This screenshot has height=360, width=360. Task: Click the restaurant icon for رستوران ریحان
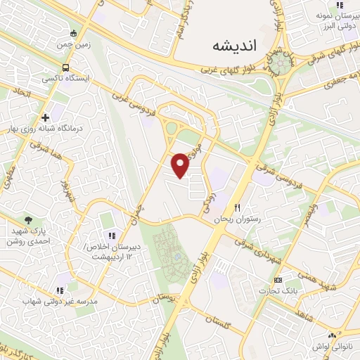[238, 208]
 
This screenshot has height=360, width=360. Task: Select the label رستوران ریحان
[238, 219]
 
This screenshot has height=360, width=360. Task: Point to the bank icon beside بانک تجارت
[278, 280]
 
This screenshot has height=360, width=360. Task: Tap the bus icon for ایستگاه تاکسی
[65, 68]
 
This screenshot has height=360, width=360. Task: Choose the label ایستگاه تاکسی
[61, 79]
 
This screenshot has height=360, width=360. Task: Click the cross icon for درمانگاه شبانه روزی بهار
[46, 117]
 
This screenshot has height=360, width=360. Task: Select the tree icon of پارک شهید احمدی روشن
[28, 220]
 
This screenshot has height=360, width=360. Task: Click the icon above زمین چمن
[74, 32]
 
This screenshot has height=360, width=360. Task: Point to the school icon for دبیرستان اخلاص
[111, 236]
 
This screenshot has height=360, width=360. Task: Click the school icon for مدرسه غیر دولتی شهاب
[60, 289]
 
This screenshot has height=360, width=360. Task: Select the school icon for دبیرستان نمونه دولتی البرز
[340, 5]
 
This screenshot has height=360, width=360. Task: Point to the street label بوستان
[169, 299]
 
